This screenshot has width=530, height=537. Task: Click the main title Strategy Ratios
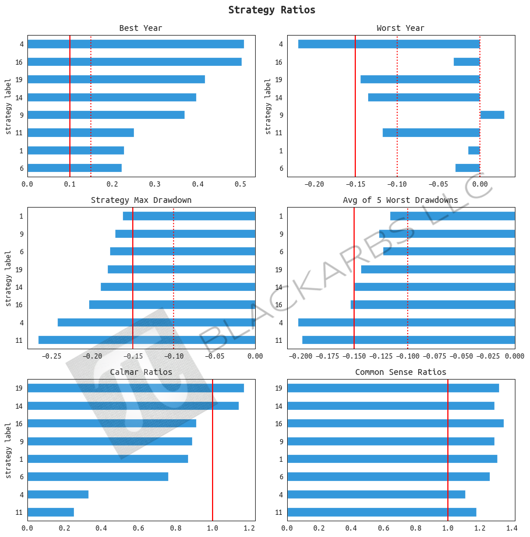[271, 10]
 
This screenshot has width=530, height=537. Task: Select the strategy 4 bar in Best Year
[135, 44]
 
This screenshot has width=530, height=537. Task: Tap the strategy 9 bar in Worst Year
[492, 115]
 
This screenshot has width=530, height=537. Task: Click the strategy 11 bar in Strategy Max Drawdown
[147, 340]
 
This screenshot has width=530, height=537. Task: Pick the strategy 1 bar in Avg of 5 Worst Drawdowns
[453, 216]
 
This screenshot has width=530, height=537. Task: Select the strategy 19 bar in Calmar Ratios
[135, 388]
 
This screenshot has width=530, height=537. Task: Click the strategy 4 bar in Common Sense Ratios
[376, 494]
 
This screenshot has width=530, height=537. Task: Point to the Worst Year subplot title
[400, 28]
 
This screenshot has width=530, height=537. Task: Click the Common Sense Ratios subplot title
[400, 372]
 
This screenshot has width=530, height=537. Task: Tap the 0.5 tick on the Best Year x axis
[240, 184]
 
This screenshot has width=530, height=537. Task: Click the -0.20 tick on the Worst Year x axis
[315, 184]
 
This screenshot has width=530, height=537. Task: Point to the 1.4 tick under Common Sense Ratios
[511, 528]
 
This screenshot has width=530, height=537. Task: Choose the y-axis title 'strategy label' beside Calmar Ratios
[8, 450]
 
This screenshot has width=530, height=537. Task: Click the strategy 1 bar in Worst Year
[474, 150]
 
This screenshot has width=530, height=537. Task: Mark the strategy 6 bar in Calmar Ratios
[98, 476]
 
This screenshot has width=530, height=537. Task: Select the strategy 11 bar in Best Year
[80, 132]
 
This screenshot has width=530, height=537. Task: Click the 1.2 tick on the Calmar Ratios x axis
[249, 528]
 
